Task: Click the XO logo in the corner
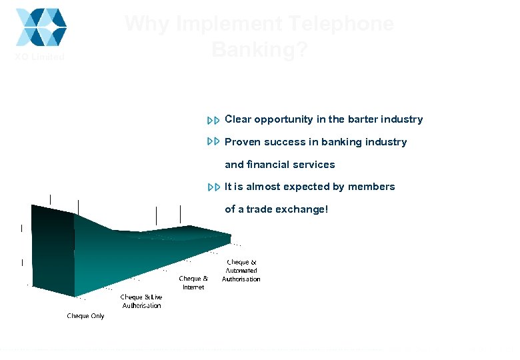tap(41, 27)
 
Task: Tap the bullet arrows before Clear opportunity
tap(213, 121)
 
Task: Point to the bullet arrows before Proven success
tap(213, 142)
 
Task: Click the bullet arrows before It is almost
tap(213, 187)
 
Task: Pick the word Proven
tap(243, 142)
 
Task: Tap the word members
tap(371, 187)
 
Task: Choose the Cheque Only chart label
tap(85, 316)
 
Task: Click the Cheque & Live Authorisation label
tap(141, 301)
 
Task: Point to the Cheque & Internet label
tap(193, 283)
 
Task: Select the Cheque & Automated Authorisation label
tap(241, 271)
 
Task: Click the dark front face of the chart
tap(52, 247)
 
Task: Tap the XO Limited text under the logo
tap(40, 57)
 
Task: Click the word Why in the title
tap(147, 24)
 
